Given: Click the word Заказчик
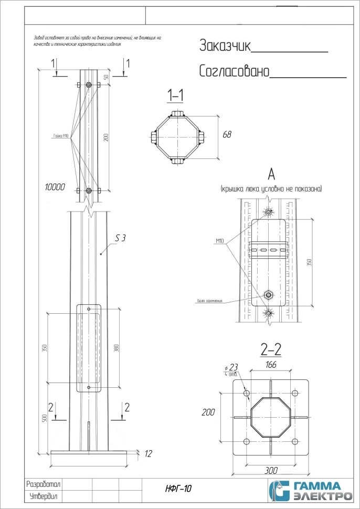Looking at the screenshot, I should click(x=225, y=46).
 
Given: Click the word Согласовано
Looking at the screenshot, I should click(x=234, y=71).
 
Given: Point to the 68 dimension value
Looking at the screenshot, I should click(x=227, y=135).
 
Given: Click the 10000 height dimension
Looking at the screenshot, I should click(x=55, y=186).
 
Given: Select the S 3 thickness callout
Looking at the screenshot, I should click(x=120, y=238).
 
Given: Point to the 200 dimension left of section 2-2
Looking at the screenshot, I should click(x=209, y=412).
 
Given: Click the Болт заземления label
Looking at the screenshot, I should click(x=210, y=301).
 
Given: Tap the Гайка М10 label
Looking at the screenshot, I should click(x=61, y=135).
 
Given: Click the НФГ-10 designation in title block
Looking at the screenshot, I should click(x=178, y=489).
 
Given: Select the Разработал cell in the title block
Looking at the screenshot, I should click(x=44, y=484).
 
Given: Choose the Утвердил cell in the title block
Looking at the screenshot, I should click(x=44, y=496).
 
